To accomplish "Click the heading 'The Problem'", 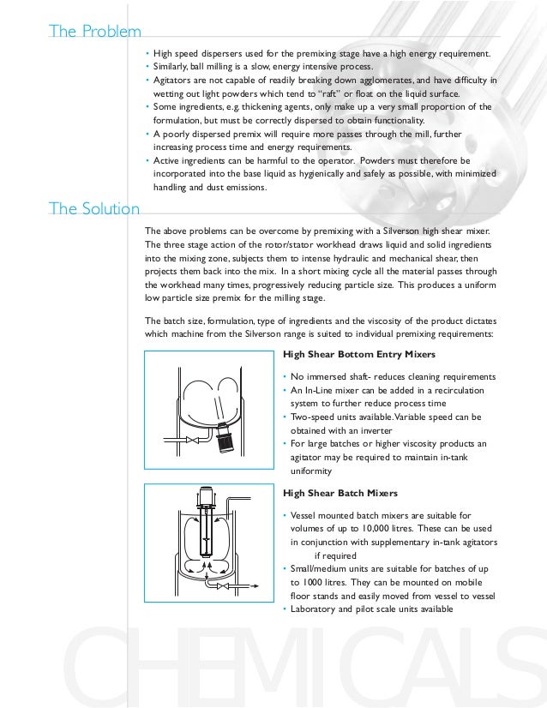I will click(x=95, y=33).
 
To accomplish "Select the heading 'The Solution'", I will click(x=94, y=208).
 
